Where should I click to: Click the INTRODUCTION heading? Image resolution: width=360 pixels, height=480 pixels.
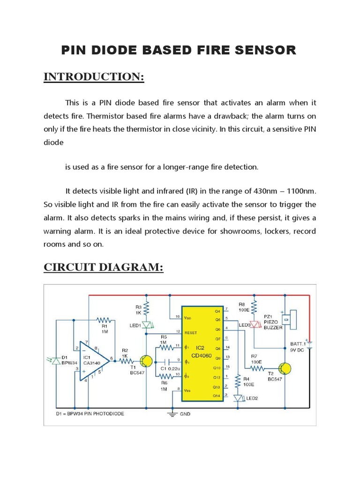[94, 77]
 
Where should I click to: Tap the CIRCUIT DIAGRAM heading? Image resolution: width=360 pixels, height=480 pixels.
[104, 267]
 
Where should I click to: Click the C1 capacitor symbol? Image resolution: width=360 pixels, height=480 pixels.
[166, 361]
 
